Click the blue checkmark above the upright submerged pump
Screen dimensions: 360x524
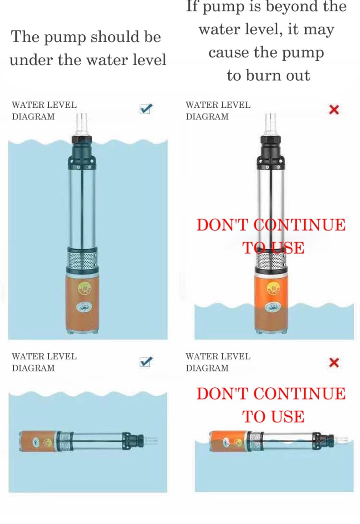146,109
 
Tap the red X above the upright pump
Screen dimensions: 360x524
334,109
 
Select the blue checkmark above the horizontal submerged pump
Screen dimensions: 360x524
146,362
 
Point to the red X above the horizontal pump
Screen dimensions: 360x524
334,363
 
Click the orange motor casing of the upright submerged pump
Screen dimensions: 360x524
82,303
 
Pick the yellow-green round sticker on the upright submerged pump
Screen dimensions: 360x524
84,289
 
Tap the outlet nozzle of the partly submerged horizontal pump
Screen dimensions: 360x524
341,440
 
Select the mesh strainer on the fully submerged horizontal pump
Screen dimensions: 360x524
65,441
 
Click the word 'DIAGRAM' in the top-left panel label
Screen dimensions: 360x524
33,117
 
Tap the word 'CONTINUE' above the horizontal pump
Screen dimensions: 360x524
299,394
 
